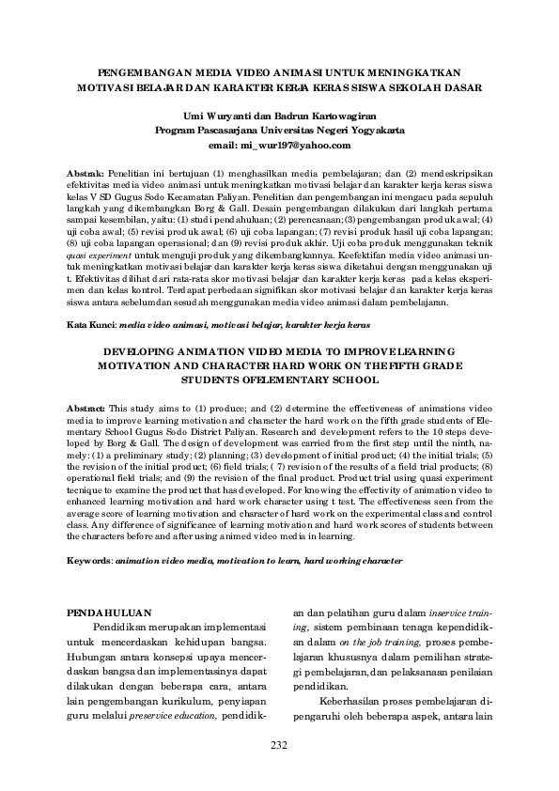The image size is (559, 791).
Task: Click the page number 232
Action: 279,745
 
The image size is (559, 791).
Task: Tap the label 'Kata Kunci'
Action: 88,324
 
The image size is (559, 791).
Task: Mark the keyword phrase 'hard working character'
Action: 352,560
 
